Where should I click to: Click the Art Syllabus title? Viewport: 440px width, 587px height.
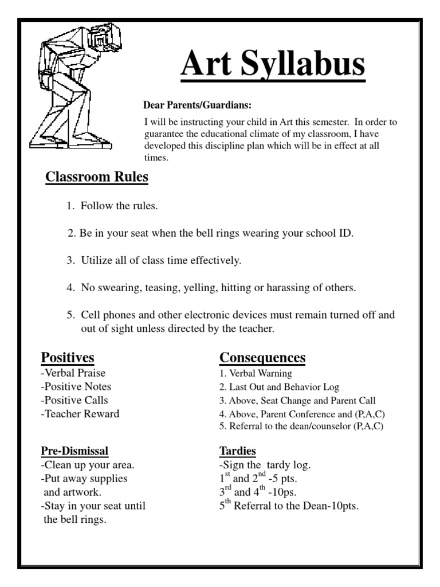pyautogui.click(x=273, y=64)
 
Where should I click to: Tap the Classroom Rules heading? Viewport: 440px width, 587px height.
pyautogui.click(x=97, y=177)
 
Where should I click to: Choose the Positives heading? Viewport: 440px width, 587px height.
pyautogui.click(x=67, y=358)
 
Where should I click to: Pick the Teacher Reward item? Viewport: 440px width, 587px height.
pyautogui.click(x=80, y=414)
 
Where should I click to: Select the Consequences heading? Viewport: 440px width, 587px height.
pyautogui.click(x=262, y=358)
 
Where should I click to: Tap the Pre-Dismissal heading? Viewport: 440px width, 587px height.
pyautogui.click(x=74, y=451)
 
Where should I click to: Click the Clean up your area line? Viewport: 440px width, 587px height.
pyautogui.click(x=88, y=465)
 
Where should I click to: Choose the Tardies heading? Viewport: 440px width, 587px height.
pyautogui.click(x=237, y=451)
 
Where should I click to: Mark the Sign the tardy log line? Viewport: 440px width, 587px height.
pyautogui.click(x=265, y=465)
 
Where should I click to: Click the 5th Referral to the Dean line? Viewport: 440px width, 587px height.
pyautogui.click(x=289, y=506)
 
